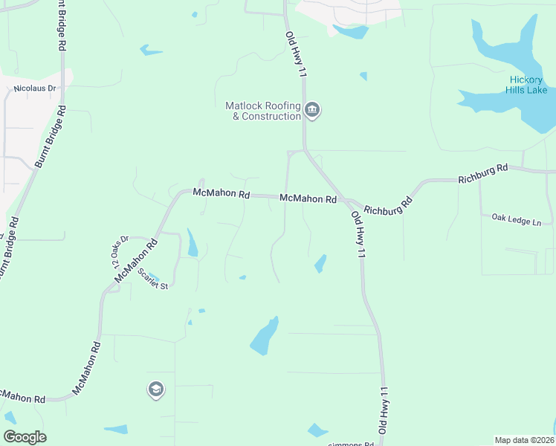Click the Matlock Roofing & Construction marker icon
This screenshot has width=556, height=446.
312,111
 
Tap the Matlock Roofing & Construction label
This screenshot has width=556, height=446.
263,111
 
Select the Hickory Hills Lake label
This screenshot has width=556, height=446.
528,85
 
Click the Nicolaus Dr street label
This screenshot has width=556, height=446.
35,88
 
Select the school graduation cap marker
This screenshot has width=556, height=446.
155,390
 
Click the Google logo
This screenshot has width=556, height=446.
25,437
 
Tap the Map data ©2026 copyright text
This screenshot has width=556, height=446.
524,440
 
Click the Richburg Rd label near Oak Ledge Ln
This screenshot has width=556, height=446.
482,174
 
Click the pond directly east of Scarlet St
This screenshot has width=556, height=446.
193,243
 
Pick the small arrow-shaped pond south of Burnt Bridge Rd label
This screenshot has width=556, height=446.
151,51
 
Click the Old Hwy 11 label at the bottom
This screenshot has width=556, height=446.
384,410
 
